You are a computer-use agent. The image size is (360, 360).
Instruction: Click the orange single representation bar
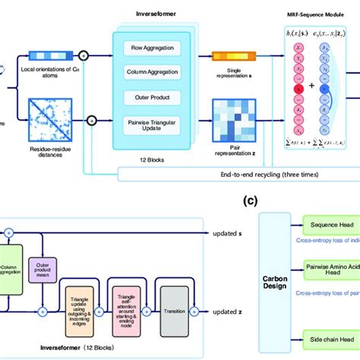[229, 56]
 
